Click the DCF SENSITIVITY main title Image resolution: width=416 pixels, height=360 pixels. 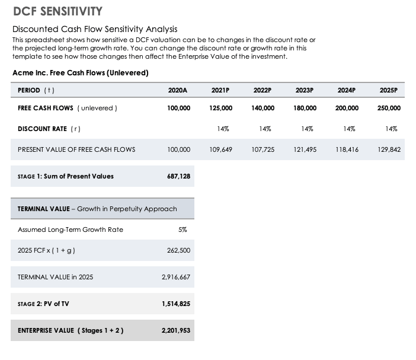[x=57, y=11]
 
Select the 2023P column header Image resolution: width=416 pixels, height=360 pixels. [x=304, y=90]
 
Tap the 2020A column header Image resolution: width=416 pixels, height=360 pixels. [x=178, y=90]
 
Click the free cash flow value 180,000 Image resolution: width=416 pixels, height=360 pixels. [x=305, y=108]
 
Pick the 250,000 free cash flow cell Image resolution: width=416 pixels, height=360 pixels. [x=389, y=108]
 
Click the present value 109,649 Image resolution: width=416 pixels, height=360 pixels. [x=220, y=149]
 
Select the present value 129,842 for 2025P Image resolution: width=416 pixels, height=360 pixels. [x=389, y=149]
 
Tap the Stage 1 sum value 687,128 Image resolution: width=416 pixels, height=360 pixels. [x=178, y=176]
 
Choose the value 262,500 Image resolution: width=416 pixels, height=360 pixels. [x=178, y=251]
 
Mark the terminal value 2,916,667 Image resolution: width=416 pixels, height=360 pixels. [x=176, y=277]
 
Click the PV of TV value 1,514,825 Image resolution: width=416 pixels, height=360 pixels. [x=176, y=304]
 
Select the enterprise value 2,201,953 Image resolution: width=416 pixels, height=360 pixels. [x=176, y=330]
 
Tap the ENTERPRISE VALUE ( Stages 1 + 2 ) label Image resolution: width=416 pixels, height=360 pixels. [x=71, y=330]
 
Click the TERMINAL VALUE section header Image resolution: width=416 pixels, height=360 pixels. [x=97, y=209]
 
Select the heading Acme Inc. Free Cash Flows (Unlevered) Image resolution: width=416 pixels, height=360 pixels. [x=80, y=73]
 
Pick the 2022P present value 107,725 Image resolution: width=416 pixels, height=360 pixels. [x=263, y=149]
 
